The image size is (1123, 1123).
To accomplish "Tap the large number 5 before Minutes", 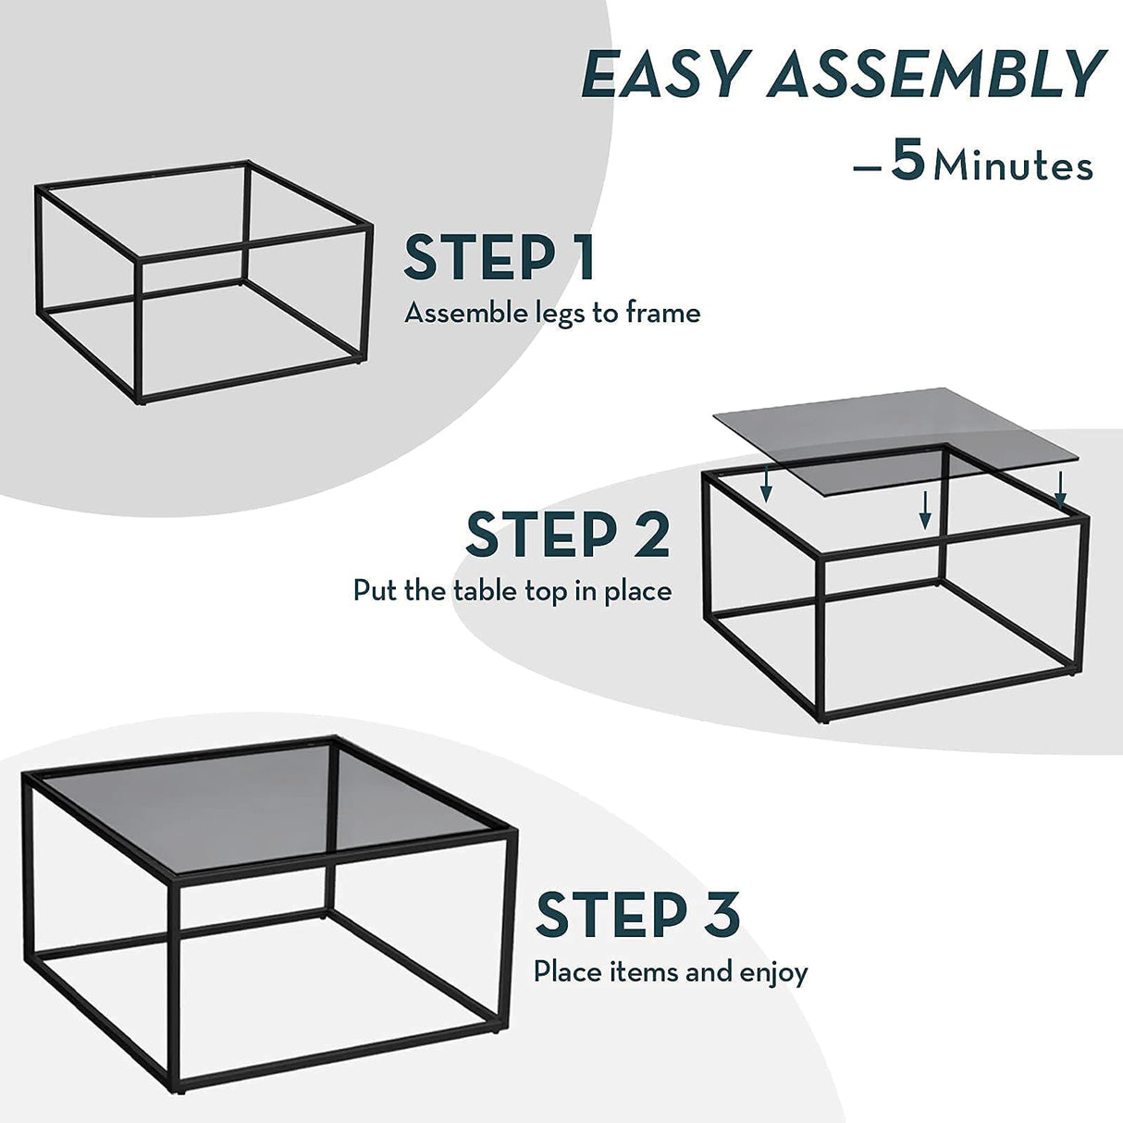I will (908, 161).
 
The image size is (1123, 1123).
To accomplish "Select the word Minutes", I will (1013, 167).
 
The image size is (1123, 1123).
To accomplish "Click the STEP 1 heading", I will (499, 258).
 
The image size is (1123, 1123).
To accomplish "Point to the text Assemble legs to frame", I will (552, 314).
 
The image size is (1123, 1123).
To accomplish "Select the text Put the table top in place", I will (512, 591).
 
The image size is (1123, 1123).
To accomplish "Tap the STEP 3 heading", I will (637, 915).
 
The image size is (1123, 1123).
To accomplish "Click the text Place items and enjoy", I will (671, 972).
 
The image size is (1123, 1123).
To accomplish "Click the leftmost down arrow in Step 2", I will (766, 487).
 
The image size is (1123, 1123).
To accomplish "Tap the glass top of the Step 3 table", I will (268, 805).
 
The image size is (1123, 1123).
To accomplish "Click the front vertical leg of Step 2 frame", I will (821, 638).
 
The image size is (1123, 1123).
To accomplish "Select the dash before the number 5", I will (867, 167).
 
